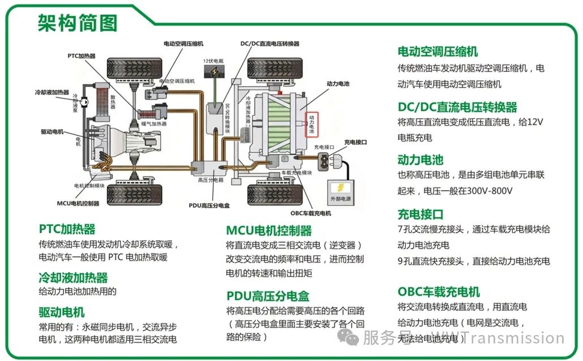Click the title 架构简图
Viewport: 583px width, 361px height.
pos(78,23)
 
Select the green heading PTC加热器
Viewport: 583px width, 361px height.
pos(67,229)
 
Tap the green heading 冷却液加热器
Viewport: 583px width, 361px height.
pos(73,278)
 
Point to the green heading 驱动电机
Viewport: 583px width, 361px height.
pos(62,312)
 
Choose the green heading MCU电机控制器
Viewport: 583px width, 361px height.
pos(269,231)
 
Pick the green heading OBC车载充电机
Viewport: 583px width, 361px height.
pos(439,292)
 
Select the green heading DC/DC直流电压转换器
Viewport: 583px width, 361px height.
pos(457,107)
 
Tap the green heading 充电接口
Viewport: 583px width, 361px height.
pos(421,214)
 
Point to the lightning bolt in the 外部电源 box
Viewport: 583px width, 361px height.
pos(341,189)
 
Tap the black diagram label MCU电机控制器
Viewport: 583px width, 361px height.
pos(78,203)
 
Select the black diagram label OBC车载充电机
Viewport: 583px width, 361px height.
pos(311,213)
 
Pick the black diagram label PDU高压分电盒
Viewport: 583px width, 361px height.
pos(211,205)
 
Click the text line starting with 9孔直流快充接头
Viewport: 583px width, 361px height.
pos(473,261)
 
